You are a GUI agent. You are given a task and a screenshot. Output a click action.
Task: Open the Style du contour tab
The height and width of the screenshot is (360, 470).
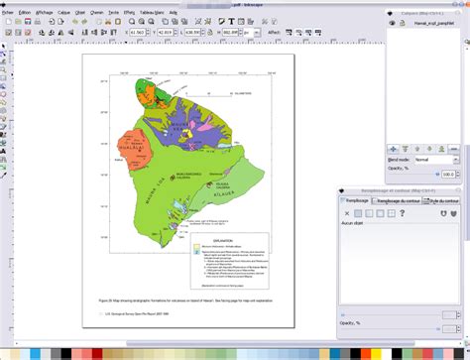(443, 200)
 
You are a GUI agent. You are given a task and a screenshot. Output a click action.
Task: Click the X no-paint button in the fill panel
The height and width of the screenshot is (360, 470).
(345, 213)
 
